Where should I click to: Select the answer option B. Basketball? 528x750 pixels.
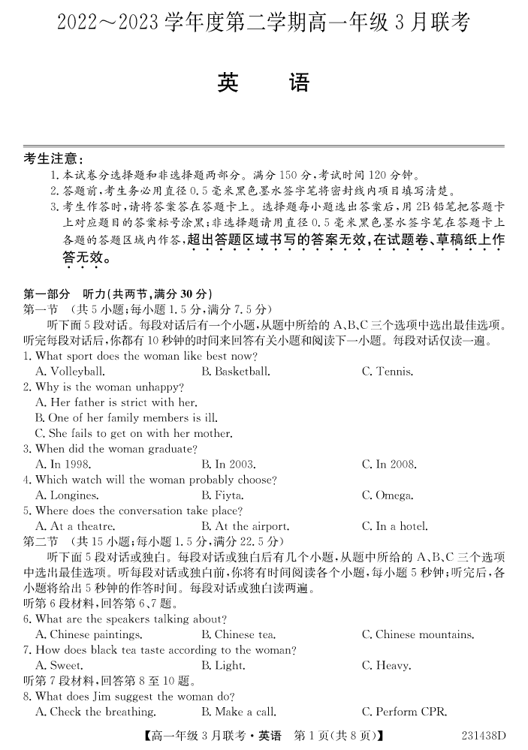point(235,372)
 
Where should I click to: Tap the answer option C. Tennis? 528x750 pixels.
point(387,372)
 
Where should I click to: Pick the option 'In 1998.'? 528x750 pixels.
point(66,465)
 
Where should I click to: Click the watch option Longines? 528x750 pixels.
point(67,495)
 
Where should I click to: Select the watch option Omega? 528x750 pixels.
point(387,495)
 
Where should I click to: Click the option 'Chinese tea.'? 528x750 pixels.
point(238,635)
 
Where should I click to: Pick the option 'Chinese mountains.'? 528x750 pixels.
point(417,635)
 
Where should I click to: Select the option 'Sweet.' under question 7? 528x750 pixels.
point(59,666)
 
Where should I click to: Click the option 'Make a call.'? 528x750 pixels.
point(240,712)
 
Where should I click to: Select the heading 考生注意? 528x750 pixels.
point(53,159)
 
